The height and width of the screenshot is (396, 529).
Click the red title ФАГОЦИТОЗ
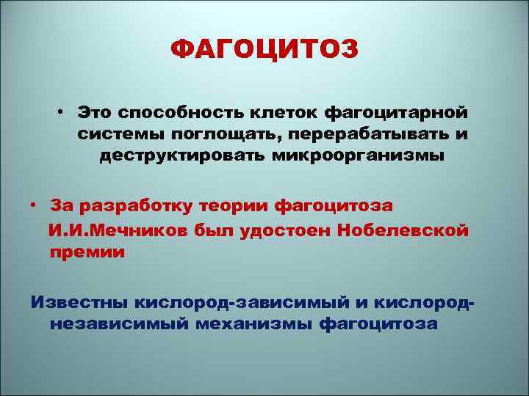[264, 50]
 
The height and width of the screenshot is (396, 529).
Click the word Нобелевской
[403, 232]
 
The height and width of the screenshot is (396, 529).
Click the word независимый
[116, 323]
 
